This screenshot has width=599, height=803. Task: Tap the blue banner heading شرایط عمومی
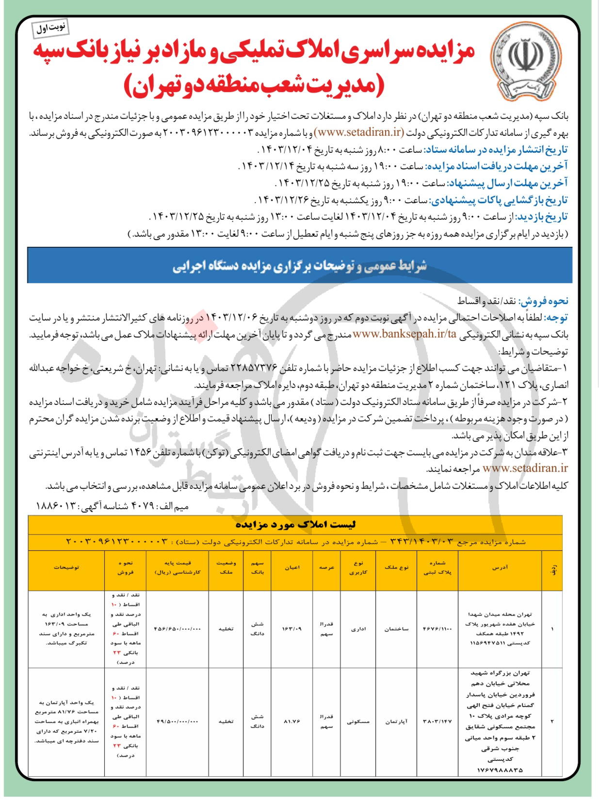coord(300,266)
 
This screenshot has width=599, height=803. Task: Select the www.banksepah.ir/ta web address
coord(404,334)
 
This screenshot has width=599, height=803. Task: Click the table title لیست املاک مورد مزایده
coord(295,525)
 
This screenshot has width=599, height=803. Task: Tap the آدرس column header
coord(500,567)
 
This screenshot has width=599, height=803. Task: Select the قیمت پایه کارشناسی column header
coord(178,567)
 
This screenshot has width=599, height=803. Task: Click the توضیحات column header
coord(66,567)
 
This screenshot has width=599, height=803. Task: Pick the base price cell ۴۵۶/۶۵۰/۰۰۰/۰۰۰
coord(178,629)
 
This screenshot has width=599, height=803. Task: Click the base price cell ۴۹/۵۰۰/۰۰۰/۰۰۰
coord(178,722)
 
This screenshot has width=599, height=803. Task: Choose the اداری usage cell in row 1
coord(358,629)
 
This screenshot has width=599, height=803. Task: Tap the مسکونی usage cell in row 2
coord(358,722)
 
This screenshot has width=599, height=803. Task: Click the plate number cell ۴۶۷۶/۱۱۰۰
coord(437,629)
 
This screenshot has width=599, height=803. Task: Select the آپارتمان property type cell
coord(396,722)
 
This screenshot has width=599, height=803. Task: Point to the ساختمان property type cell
coord(396,629)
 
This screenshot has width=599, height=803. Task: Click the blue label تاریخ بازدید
coord(542,217)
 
